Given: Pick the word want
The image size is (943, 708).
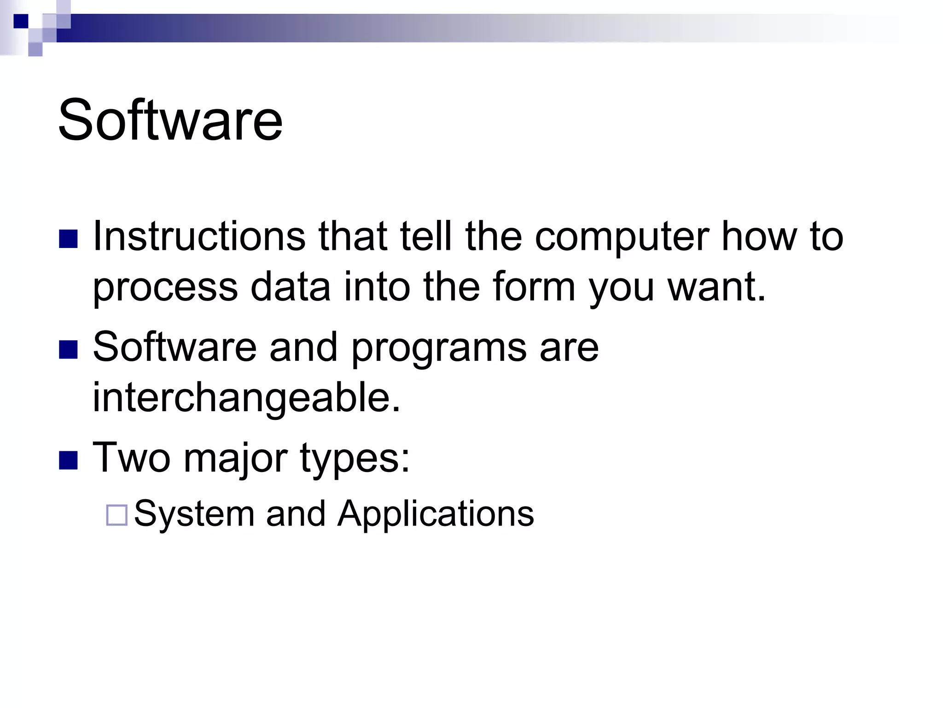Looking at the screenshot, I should coord(716,288).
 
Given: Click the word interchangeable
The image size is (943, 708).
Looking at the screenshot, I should coord(247,397).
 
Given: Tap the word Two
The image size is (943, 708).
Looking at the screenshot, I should coord(131,457).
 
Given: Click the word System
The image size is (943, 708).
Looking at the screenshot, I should coord(194,514).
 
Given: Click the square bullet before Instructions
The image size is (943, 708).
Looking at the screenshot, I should coord(68,239).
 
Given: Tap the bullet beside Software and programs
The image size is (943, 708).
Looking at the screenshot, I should coord(68,349).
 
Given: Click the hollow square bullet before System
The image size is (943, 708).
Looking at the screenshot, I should coord(116,515).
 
